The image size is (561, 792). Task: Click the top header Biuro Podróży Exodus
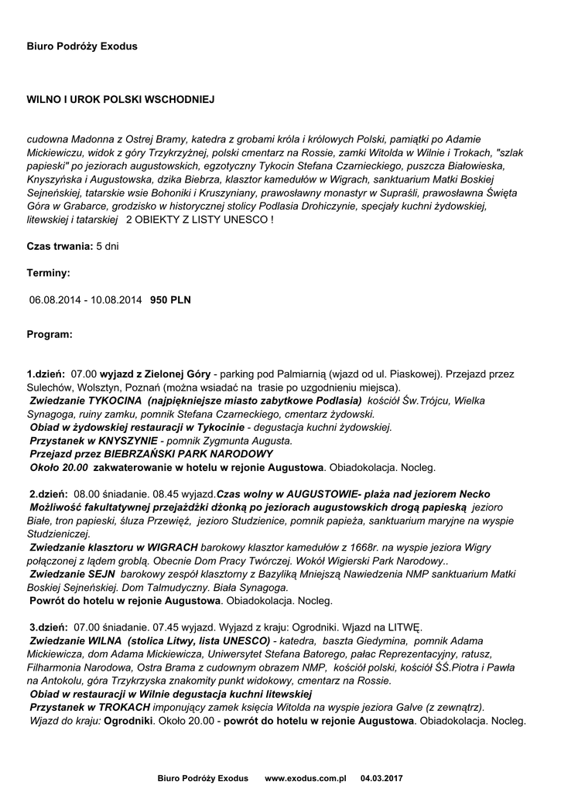coord(82,46)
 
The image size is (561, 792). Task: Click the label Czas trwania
coord(60,246)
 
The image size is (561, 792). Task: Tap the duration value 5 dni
coord(108,246)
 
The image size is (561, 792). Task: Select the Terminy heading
coord(49,273)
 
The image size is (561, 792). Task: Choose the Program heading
coord(50,335)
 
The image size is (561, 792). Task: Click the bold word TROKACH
coord(116,708)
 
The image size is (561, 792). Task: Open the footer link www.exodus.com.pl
coord(306,778)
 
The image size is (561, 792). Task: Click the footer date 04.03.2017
coord(382,778)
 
